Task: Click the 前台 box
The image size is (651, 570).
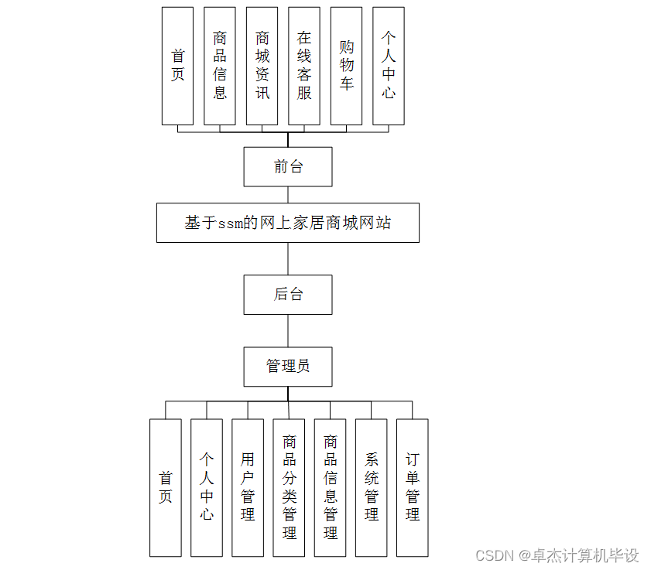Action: pos(288,166)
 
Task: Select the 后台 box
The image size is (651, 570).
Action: pos(288,294)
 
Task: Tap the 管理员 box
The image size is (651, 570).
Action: pos(288,367)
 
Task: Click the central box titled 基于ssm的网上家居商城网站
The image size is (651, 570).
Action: pos(288,223)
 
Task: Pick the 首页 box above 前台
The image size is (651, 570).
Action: pos(177,66)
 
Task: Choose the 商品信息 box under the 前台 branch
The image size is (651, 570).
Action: pos(220,66)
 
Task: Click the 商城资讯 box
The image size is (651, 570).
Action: pos(262,66)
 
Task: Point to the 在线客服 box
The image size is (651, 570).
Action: pos(304,66)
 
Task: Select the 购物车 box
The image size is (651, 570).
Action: pos(346,66)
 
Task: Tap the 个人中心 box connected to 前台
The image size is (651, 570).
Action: pos(389,66)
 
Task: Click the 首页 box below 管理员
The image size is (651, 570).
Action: pos(166,487)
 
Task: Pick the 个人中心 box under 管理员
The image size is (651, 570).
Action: pos(207,487)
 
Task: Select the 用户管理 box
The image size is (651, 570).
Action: pos(248,487)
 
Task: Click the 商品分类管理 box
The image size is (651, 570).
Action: pos(289,487)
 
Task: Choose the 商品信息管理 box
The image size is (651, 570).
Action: pos(331,487)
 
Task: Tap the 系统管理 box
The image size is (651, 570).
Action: pos(372,487)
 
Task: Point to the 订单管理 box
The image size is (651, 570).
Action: pos(413,487)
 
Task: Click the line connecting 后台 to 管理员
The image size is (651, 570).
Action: pos(288,331)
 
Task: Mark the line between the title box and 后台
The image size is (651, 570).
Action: pos(288,258)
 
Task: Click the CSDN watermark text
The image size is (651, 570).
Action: pos(557,555)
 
